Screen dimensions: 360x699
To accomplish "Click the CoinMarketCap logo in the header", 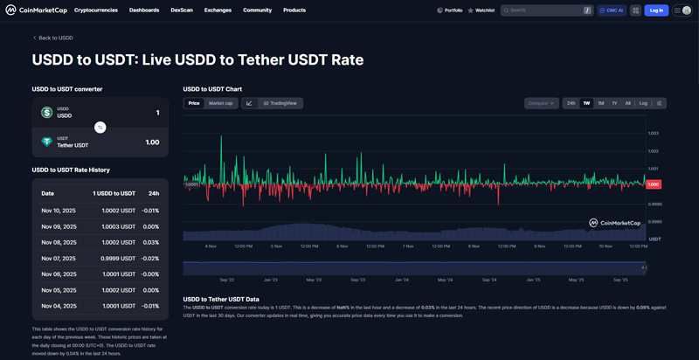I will pos(36,10).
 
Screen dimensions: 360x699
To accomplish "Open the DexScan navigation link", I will pos(182,10).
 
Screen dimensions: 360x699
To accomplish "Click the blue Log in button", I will pos(656,10).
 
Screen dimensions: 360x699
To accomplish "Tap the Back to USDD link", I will pos(53,38).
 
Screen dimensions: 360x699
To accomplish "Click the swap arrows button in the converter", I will pos(100,128).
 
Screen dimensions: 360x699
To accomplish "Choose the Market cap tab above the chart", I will pos(220,103).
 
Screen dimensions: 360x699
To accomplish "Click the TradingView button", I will pos(280,103).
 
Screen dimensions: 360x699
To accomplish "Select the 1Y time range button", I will pos(614,103).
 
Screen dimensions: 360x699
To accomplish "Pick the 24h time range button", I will pos(571,103).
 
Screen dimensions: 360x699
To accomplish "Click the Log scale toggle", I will pos(643,103).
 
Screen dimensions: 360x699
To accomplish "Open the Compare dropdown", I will pos(541,103).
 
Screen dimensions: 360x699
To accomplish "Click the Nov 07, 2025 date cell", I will pos(59,258).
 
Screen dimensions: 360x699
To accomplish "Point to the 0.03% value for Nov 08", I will pos(150,242).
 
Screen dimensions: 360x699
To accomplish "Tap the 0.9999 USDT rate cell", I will pos(118,258).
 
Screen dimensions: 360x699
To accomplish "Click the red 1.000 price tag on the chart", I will pos(653,184).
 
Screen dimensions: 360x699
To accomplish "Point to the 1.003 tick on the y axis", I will pos(653,133).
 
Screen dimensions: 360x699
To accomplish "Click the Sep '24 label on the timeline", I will pos(488,280).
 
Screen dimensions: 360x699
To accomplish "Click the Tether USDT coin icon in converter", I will pos(47,142).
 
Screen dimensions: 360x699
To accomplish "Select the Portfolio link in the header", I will pos(449,10).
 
